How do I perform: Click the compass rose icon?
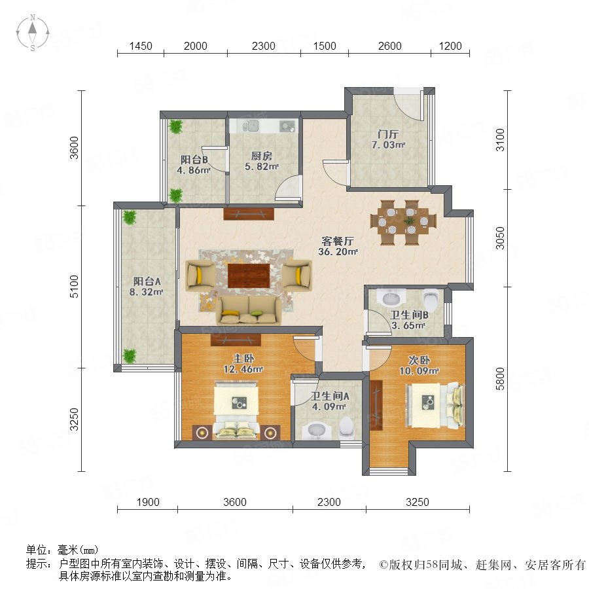click(33, 32)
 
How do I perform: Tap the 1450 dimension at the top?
click(141, 46)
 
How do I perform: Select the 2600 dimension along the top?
click(389, 46)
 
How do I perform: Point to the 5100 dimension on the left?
click(75, 287)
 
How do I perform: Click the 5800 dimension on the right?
click(500, 379)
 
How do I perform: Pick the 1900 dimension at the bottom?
click(148, 502)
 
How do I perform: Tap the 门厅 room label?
click(388, 134)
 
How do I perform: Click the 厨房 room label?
click(261, 156)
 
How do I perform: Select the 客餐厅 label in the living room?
click(338, 241)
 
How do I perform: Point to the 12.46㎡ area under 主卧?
click(243, 369)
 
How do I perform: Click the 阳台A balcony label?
click(147, 281)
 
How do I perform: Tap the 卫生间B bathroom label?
click(409, 315)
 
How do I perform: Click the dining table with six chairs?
click(403, 222)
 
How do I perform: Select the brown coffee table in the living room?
click(249, 276)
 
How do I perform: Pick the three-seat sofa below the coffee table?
click(249, 310)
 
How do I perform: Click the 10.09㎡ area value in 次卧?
click(419, 371)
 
